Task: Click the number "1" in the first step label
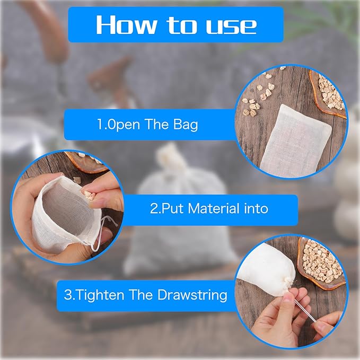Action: [x=99, y=125]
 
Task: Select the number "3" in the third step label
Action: [x=67, y=295]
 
